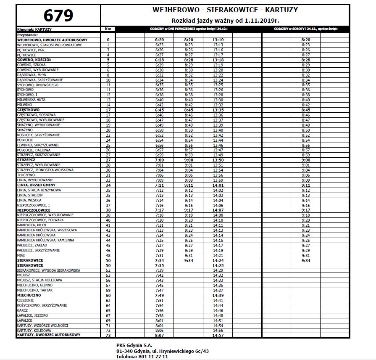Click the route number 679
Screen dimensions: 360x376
[58, 16]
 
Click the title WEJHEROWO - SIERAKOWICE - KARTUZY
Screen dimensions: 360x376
[225, 10]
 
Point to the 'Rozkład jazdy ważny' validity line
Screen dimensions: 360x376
[225, 21]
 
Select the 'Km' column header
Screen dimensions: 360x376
[108, 29]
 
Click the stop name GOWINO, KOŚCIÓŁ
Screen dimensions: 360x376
[34, 60]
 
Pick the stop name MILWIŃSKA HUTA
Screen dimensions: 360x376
[32, 100]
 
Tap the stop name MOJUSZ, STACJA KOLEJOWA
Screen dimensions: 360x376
[39, 280]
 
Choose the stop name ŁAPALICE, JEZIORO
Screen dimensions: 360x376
[32, 315]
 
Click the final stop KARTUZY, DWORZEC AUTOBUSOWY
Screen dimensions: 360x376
[48, 335]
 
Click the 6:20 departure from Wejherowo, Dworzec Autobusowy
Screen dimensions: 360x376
[159, 40]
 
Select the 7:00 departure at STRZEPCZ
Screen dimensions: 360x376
[159, 160]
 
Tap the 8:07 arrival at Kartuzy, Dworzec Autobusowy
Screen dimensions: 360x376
[159, 336]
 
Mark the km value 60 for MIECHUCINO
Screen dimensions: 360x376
[108, 295]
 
